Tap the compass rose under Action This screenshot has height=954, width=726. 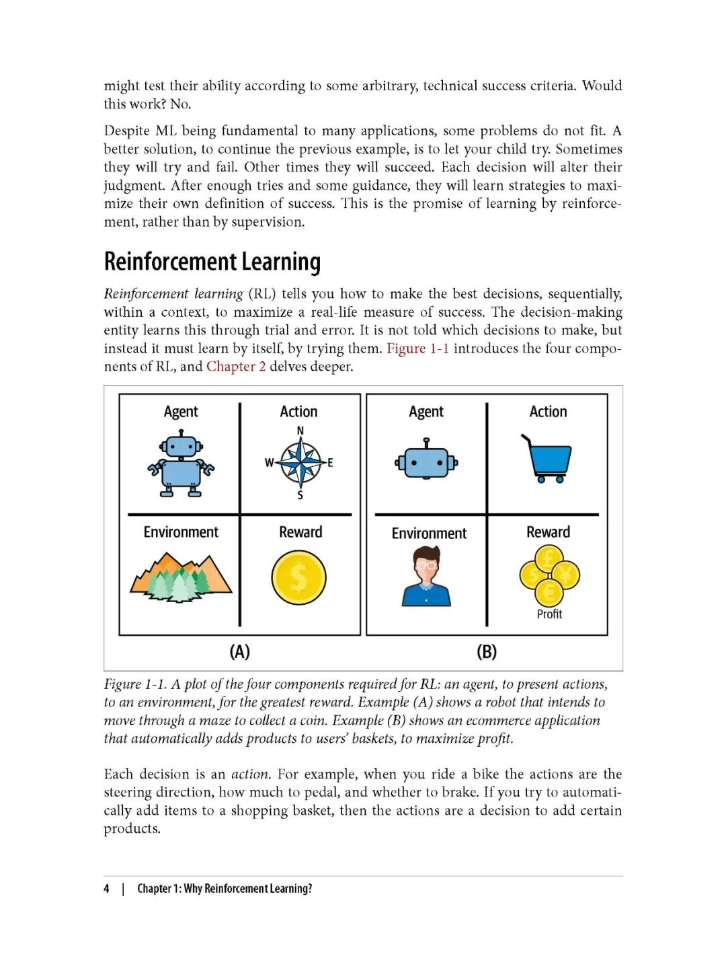tap(300, 462)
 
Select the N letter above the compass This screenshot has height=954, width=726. tap(300, 431)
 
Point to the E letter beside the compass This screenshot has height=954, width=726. tap(330, 463)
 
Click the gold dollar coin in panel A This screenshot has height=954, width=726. tap(299, 578)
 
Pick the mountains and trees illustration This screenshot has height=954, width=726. tap(181, 577)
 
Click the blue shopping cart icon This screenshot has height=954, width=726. tap(547, 459)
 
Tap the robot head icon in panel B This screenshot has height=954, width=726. tap(426, 461)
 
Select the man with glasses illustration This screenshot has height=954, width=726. tap(426, 577)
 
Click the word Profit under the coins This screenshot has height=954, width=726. tap(549, 614)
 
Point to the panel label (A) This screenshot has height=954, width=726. tap(240, 651)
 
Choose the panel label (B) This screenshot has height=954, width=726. tap(487, 651)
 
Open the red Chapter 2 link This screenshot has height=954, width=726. tap(236, 367)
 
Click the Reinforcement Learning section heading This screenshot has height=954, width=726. tap(212, 262)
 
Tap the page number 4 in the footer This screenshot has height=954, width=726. tap(106, 889)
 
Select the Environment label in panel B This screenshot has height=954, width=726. tap(429, 534)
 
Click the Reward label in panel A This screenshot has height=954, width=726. tap(300, 532)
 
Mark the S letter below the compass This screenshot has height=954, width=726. tap(300, 495)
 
